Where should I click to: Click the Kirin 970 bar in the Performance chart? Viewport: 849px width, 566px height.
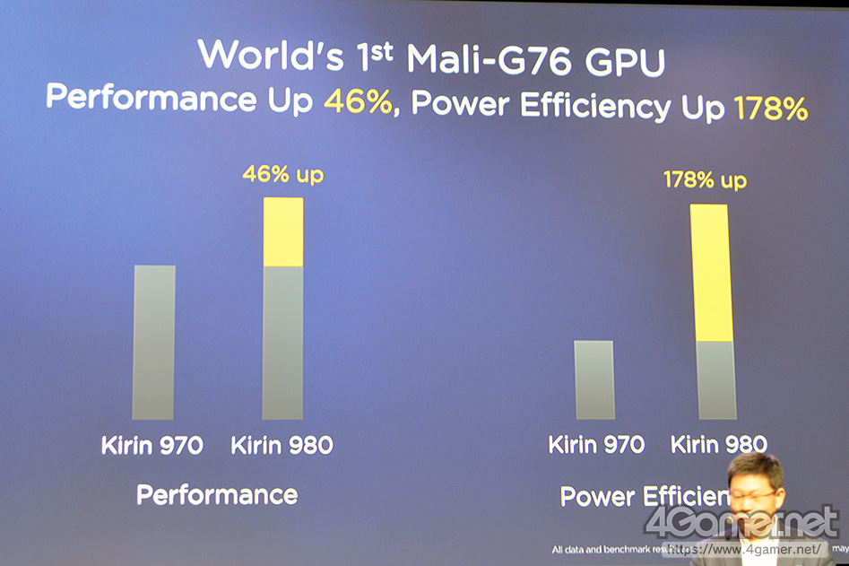(153, 342)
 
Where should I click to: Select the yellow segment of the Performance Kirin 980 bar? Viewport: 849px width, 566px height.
(282, 231)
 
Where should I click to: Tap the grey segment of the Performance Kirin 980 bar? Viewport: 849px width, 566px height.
(282, 342)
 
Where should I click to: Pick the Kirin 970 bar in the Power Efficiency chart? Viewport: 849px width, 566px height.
(594, 379)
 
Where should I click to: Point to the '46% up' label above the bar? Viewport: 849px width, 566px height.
(282, 175)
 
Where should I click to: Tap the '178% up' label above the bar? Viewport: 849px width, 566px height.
(705, 180)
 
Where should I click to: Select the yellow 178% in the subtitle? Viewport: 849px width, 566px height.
(771, 109)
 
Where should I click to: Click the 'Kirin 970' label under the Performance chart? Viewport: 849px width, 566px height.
(152, 445)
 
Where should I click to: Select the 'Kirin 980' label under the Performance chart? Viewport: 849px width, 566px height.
(282, 445)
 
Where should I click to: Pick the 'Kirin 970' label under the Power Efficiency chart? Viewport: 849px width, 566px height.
(595, 444)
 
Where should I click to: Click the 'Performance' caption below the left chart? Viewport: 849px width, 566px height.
(217, 493)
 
